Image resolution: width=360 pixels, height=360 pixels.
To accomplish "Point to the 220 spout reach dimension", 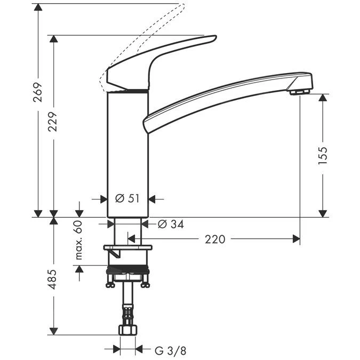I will [x=215, y=239].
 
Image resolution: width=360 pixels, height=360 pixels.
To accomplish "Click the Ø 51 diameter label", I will [x=127, y=199].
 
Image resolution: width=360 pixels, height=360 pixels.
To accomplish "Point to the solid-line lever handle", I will [x=160, y=59].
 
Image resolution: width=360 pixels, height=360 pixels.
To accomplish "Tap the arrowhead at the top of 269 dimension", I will [x=38, y=7].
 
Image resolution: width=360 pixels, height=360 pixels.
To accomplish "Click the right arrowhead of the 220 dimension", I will [x=296, y=239].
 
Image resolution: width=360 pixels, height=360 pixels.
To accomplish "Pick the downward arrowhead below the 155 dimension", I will [x=323, y=213].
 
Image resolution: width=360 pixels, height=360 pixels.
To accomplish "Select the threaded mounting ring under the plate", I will [x=127, y=269].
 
